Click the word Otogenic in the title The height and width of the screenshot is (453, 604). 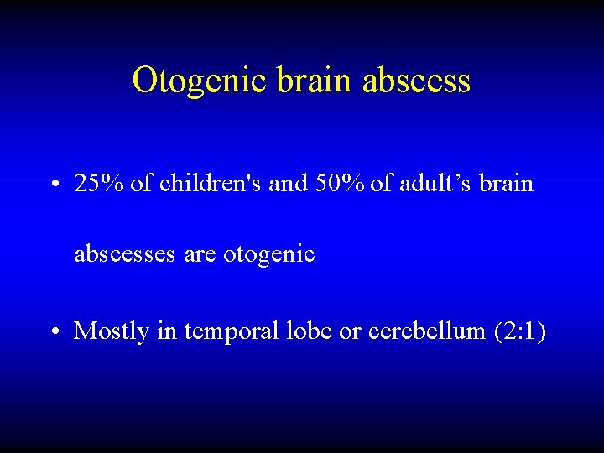198,81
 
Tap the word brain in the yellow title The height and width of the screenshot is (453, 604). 313,81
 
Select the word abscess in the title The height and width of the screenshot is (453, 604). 416,81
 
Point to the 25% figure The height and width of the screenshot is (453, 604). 100,184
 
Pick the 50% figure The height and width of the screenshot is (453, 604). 339,184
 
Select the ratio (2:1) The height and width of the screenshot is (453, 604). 520,331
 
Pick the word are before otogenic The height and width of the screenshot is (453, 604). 200,254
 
